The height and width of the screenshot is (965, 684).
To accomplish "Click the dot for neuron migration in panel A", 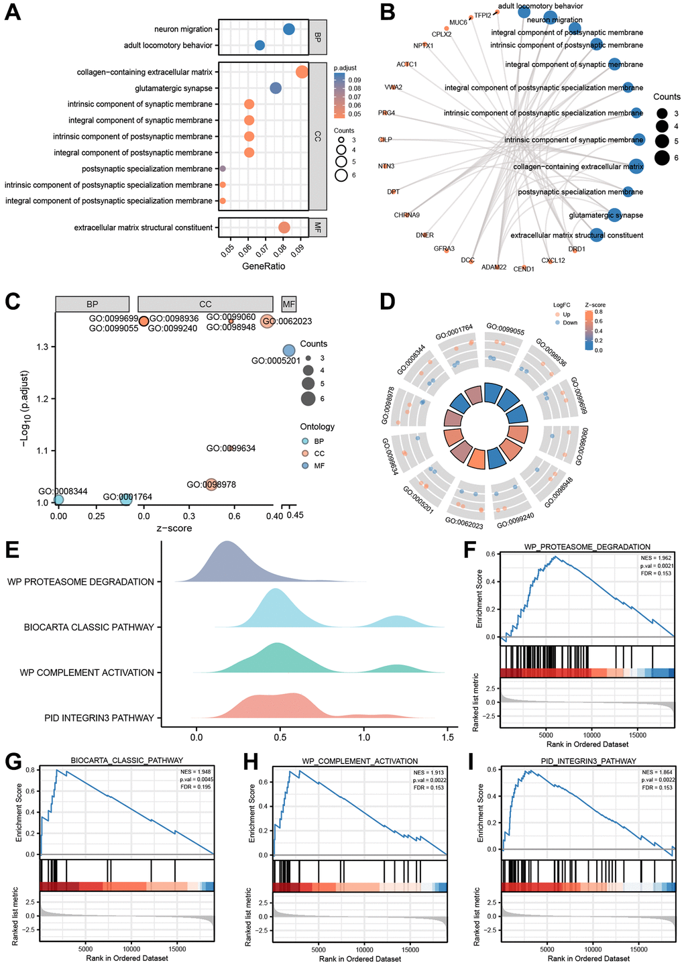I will pyautogui.click(x=289, y=29).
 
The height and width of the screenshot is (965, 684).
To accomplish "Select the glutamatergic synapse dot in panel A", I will pyautogui.click(x=275, y=88).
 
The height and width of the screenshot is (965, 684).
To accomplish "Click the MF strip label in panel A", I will pyautogui.click(x=317, y=228).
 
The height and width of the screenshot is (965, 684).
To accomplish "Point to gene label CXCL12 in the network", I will pyautogui.click(x=553, y=260).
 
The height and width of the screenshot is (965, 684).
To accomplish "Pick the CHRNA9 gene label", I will pyautogui.click(x=407, y=215).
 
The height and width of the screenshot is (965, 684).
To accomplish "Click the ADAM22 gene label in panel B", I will pyautogui.click(x=494, y=267).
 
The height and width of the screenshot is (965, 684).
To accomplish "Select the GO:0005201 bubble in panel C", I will pyautogui.click(x=289, y=350).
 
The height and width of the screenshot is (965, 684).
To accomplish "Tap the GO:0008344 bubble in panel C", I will pyautogui.click(x=58, y=499).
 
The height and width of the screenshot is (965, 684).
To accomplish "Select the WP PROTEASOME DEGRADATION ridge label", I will pyautogui.click(x=80, y=581).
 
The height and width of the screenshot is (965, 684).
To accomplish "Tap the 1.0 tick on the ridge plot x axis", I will pyautogui.click(x=363, y=736).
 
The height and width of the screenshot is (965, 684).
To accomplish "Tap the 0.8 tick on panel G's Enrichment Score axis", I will pyautogui.click(x=30, y=769).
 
